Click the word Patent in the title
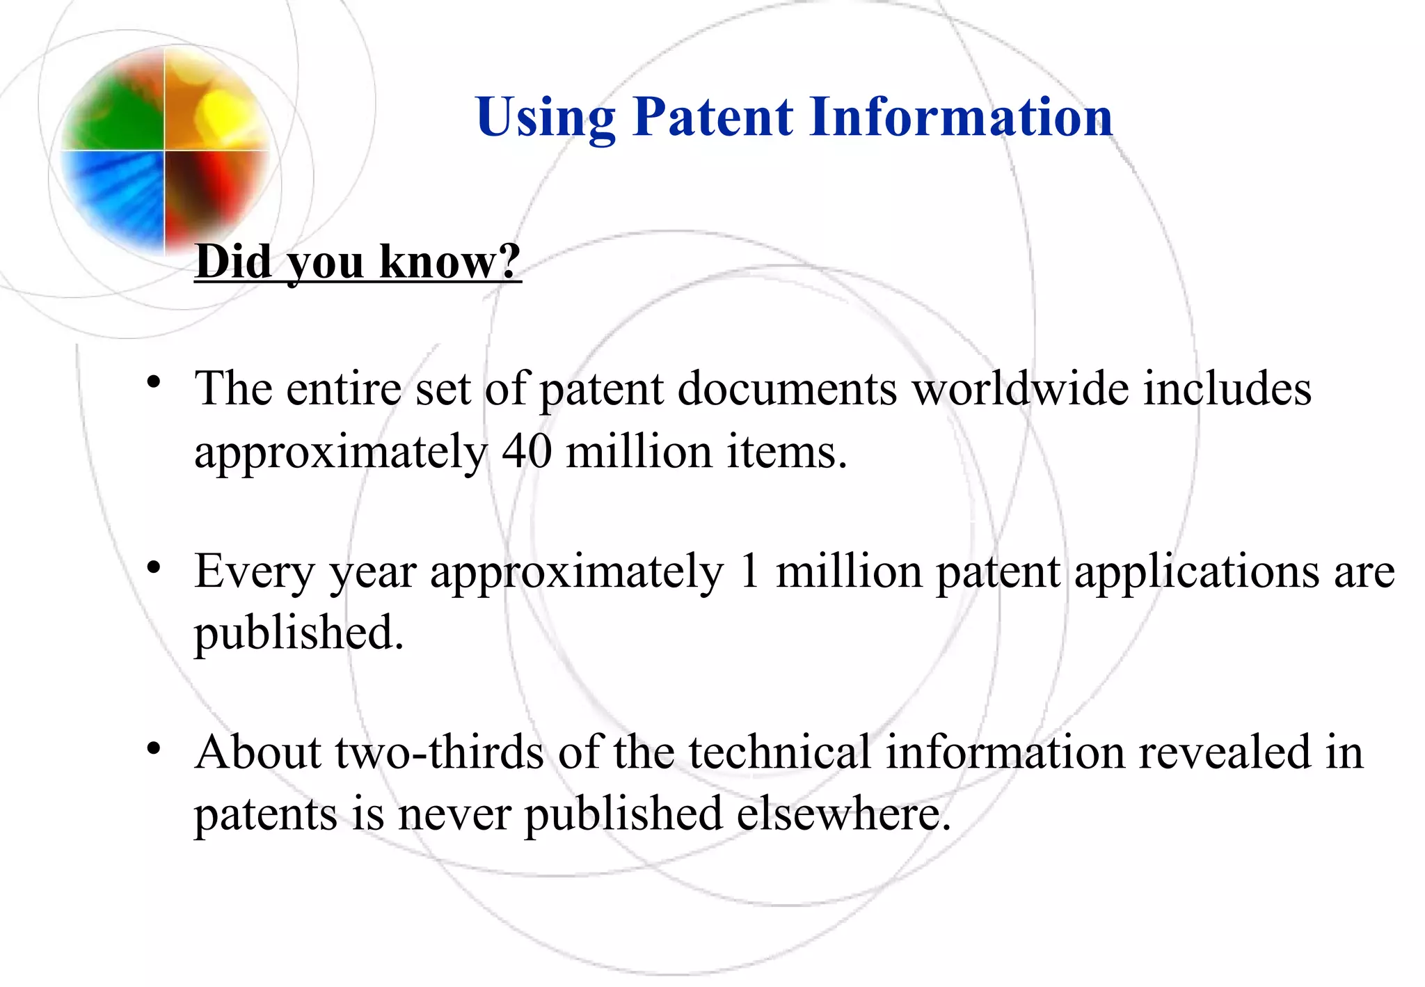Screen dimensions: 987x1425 (x=712, y=116)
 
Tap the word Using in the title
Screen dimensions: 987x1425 (x=546, y=116)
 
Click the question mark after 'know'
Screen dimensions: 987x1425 (x=509, y=261)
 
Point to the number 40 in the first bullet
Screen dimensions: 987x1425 (x=527, y=451)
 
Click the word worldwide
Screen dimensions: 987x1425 (x=1020, y=388)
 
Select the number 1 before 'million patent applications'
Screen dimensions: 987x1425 (x=749, y=571)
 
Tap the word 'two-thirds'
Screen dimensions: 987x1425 (x=439, y=752)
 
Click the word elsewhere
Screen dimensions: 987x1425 (x=843, y=814)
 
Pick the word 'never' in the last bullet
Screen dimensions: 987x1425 (x=454, y=814)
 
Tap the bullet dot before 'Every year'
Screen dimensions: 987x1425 (x=154, y=566)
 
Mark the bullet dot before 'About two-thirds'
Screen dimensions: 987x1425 (x=154, y=748)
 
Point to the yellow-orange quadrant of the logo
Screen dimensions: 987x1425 (x=212, y=104)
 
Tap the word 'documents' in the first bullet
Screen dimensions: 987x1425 (x=787, y=388)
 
